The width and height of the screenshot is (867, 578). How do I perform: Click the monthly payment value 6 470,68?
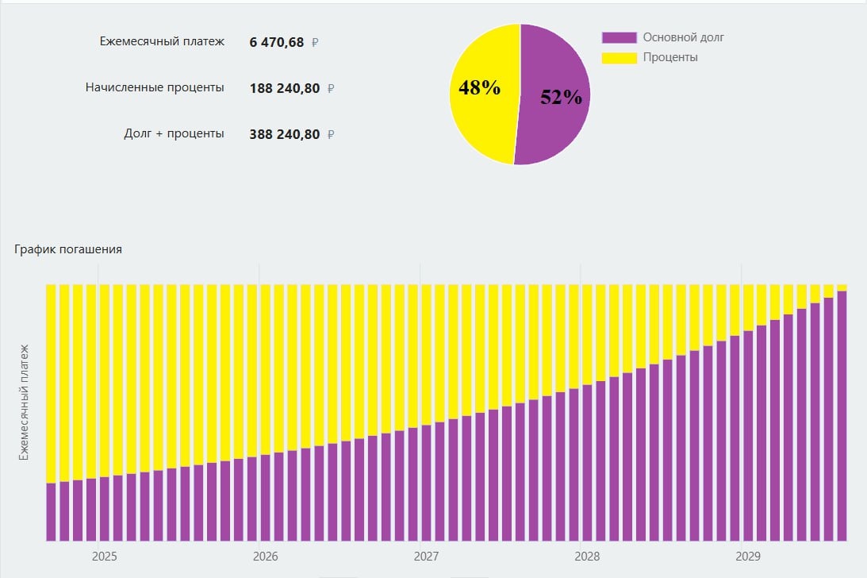[x=276, y=42]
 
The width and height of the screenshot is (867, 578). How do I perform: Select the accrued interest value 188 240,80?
[x=284, y=88]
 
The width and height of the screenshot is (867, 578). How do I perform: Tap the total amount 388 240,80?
[x=284, y=134]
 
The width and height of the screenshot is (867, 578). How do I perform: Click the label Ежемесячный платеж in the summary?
[x=162, y=41]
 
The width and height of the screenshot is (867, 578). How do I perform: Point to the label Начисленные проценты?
[x=155, y=87]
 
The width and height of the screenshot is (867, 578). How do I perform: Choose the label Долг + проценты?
[x=174, y=133]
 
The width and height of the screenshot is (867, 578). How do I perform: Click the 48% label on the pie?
[x=479, y=88]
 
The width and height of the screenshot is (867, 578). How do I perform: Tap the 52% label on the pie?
[x=561, y=97]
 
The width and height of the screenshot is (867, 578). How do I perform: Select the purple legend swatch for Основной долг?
[x=619, y=37]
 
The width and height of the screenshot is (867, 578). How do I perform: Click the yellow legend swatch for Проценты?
[x=619, y=57]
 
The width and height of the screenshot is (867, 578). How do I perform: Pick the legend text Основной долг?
[x=683, y=37]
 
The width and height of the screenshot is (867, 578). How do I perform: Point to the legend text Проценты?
[x=670, y=57]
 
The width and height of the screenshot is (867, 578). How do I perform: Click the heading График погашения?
[x=68, y=249]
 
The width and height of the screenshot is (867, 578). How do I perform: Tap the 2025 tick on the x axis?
[x=105, y=557]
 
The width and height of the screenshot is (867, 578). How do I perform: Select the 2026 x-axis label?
[x=266, y=557]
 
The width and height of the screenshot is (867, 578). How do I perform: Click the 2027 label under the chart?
[x=426, y=557]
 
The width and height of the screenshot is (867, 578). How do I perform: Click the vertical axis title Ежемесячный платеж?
[x=24, y=402]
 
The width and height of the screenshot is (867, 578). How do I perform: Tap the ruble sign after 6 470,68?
[x=315, y=43]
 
